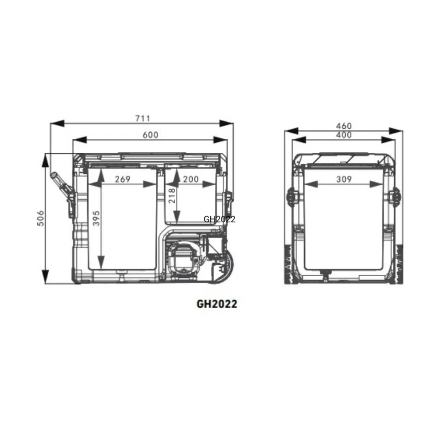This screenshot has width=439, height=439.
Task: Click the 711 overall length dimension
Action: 143,119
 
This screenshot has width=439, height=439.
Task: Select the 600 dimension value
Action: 150,135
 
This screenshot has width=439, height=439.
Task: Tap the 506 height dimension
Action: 41,218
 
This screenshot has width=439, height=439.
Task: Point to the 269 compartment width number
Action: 122,179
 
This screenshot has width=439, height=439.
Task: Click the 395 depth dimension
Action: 96,218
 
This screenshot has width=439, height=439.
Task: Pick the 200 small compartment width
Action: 191,179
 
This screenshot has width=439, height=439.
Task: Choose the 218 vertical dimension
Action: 172,195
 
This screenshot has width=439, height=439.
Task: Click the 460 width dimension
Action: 344,126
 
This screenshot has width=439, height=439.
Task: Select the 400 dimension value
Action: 344,135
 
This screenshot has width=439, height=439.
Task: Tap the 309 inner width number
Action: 344,179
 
